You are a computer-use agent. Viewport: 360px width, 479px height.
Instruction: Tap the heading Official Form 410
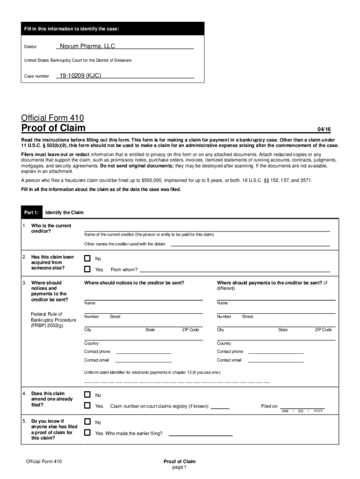click(53, 118)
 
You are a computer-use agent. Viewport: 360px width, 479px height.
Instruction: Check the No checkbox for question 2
click(87, 258)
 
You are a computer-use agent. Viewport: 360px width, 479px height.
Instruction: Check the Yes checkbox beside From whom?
click(87, 269)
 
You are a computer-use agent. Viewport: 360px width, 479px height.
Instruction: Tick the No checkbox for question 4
click(87, 395)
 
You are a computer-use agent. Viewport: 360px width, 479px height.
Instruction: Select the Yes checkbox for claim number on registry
click(87, 406)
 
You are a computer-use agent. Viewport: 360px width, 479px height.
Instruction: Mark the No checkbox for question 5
click(87, 421)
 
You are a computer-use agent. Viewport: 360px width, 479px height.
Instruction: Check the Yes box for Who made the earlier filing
click(87, 433)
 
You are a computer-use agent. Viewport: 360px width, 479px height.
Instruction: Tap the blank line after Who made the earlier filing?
click(200, 435)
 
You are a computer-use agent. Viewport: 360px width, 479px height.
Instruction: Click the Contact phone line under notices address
click(143, 353)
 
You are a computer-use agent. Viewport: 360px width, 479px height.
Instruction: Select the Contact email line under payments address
click(276, 361)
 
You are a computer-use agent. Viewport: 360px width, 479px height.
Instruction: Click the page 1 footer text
click(180, 467)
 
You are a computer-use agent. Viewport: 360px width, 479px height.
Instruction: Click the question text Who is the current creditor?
click(51, 228)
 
